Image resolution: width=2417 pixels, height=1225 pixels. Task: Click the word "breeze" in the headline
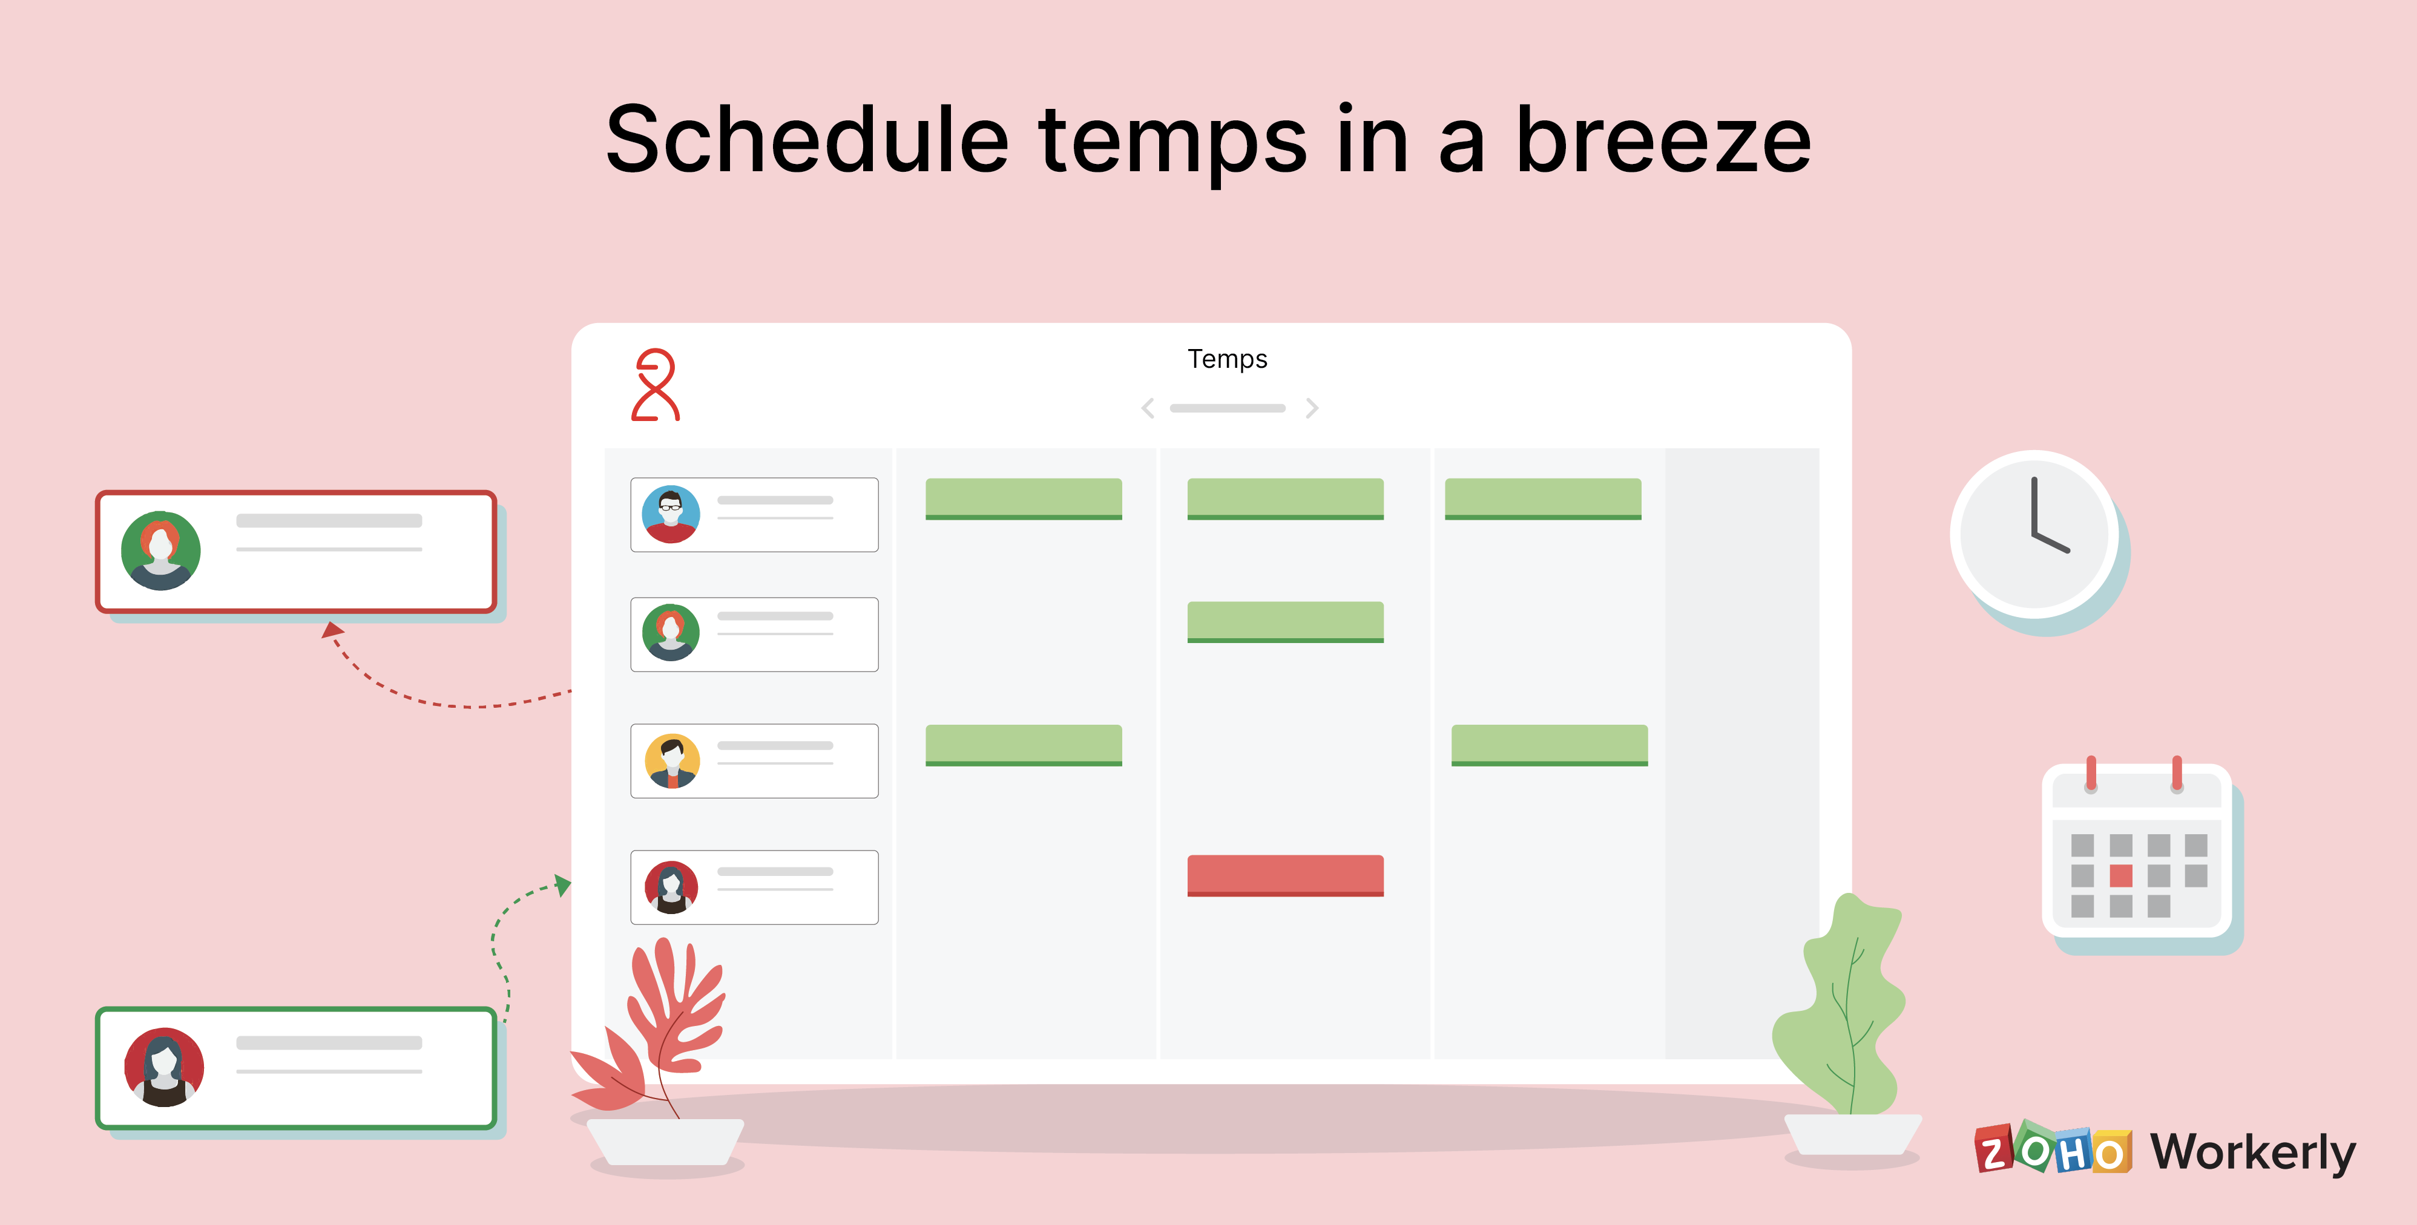coord(1663,141)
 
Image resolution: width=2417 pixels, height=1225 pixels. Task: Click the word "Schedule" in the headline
coord(807,141)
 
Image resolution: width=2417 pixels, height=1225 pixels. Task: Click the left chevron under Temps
coord(1148,408)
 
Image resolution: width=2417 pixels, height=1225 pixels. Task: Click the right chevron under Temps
coord(1312,408)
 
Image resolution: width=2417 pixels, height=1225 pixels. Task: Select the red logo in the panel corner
coord(655,385)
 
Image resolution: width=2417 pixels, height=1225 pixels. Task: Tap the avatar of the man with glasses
coord(671,514)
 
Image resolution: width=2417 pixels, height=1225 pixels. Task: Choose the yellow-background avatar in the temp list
coord(672,760)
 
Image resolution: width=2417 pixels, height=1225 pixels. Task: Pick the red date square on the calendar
coord(2120,876)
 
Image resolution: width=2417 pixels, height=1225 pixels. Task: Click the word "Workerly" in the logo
coord(2252,1152)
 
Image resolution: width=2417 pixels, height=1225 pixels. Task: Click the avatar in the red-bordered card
coord(160,550)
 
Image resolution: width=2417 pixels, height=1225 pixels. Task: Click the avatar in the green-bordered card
coord(164,1068)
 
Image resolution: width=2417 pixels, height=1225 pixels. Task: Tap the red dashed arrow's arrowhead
coord(332,629)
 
